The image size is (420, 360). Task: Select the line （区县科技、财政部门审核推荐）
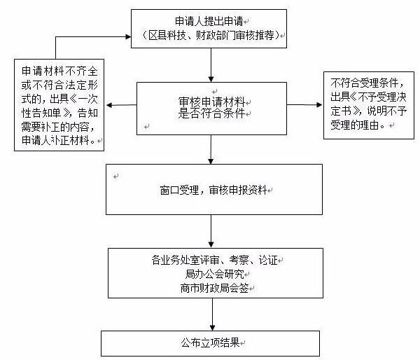(x=208, y=35)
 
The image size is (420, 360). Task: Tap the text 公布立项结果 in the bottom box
(x=210, y=342)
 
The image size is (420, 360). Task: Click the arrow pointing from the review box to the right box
(x=302, y=105)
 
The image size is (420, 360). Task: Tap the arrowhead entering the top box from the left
(x=127, y=33)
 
